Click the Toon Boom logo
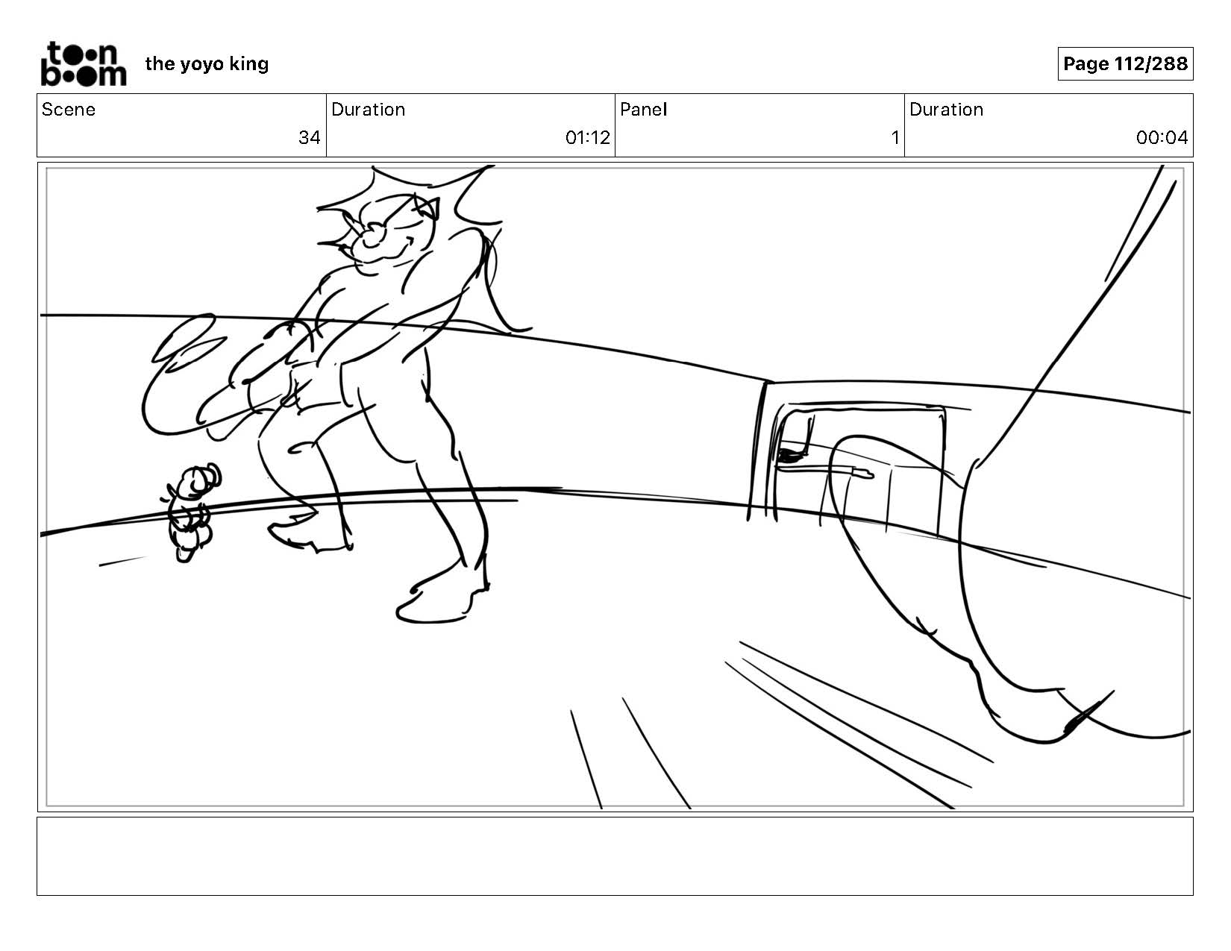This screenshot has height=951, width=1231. coord(84,63)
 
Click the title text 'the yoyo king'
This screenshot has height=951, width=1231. coord(207,64)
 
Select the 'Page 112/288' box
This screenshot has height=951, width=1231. coord(1125,63)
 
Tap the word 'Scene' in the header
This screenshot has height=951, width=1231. coord(69,110)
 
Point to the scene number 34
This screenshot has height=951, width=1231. coord(310,138)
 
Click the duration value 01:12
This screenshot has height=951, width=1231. coord(587,138)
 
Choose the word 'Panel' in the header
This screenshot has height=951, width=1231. coord(644,110)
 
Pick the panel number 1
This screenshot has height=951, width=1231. coord(895,138)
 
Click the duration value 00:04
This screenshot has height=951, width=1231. coord(1162,138)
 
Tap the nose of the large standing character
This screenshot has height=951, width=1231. coord(373,233)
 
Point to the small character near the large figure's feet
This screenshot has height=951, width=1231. coord(189,512)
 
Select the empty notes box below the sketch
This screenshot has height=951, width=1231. coord(615,856)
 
